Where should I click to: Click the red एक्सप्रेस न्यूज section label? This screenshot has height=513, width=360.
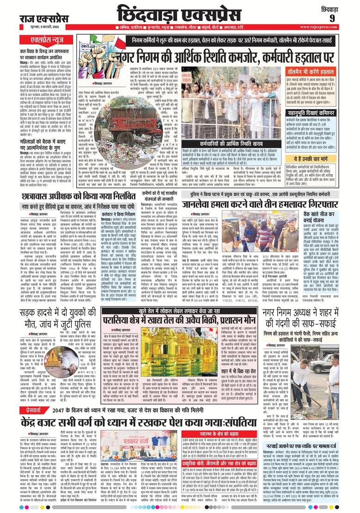coord(42,40)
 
